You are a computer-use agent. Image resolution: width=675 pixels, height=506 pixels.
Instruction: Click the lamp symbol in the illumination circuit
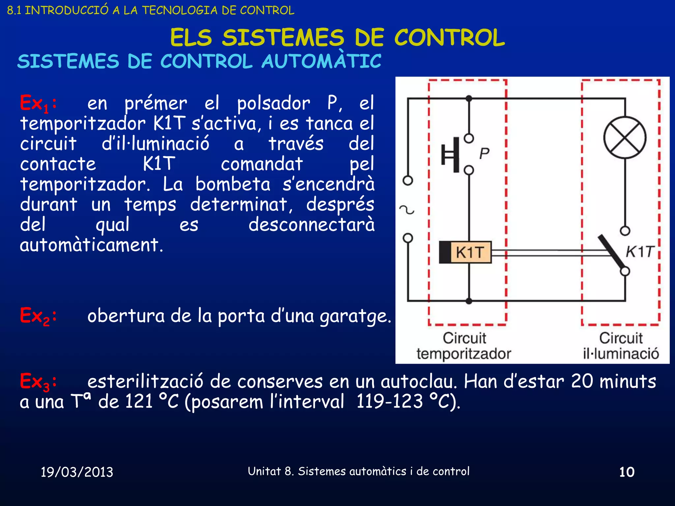[625, 137]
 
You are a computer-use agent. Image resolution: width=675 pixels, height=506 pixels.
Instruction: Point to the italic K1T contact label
[639, 252]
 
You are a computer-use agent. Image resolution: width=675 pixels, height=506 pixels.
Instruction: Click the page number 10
[627, 472]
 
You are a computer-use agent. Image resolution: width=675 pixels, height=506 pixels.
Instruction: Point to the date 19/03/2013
[77, 472]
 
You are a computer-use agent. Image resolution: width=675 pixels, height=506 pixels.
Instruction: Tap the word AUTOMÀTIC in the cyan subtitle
[321, 61]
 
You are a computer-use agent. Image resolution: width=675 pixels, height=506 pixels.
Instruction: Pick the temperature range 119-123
[390, 402]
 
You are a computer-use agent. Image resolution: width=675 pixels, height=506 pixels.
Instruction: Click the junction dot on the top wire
[469, 98]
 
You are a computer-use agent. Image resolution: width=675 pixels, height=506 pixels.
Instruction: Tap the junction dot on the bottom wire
[469, 301]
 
